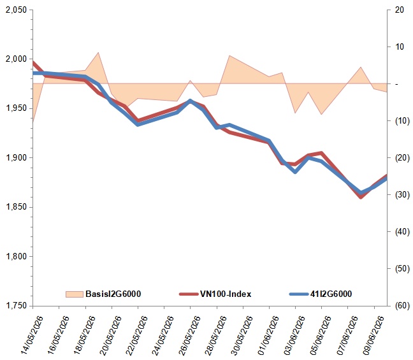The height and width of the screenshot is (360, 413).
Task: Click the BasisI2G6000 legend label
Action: (x=113, y=294)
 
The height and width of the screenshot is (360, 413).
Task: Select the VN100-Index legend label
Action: (x=226, y=294)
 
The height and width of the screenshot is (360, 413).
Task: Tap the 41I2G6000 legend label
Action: (x=331, y=294)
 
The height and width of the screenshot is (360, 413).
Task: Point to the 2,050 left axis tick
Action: (x=17, y=10)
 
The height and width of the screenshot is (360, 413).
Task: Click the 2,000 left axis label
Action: (x=17, y=59)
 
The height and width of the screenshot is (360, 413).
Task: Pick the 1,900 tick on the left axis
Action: (x=17, y=158)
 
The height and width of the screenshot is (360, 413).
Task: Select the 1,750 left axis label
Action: (x=17, y=306)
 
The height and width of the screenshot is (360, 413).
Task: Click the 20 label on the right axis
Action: (x=400, y=10)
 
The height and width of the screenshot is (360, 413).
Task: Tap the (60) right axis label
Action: (x=402, y=306)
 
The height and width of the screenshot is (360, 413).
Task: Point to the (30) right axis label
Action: (x=402, y=194)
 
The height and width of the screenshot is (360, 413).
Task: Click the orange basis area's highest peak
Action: (x=99, y=52)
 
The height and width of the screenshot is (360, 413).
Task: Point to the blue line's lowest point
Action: (x=361, y=193)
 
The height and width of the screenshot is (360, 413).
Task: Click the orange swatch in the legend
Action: (x=75, y=294)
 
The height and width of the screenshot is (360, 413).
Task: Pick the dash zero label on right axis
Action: (x=396, y=83)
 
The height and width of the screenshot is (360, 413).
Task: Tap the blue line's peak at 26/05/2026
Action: (x=190, y=101)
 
